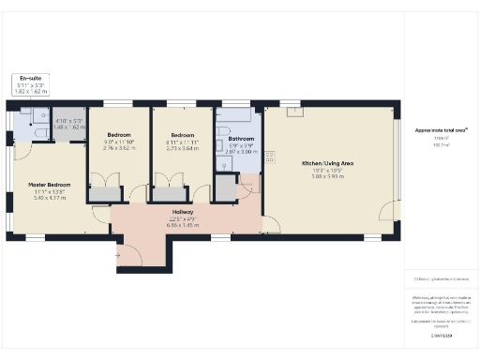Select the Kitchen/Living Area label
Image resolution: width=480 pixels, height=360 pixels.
[x=326, y=163]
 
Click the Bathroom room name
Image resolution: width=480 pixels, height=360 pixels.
[x=241, y=137]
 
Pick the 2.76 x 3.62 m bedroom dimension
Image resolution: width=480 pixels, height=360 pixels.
[x=119, y=148]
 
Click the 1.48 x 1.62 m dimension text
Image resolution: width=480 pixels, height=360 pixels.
[x=69, y=126]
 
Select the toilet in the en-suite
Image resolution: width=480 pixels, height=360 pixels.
[x=38, y=133]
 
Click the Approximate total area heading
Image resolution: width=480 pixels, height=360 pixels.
[x=442, y=130]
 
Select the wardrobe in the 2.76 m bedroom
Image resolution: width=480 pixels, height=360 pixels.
[x=106, y=193]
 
